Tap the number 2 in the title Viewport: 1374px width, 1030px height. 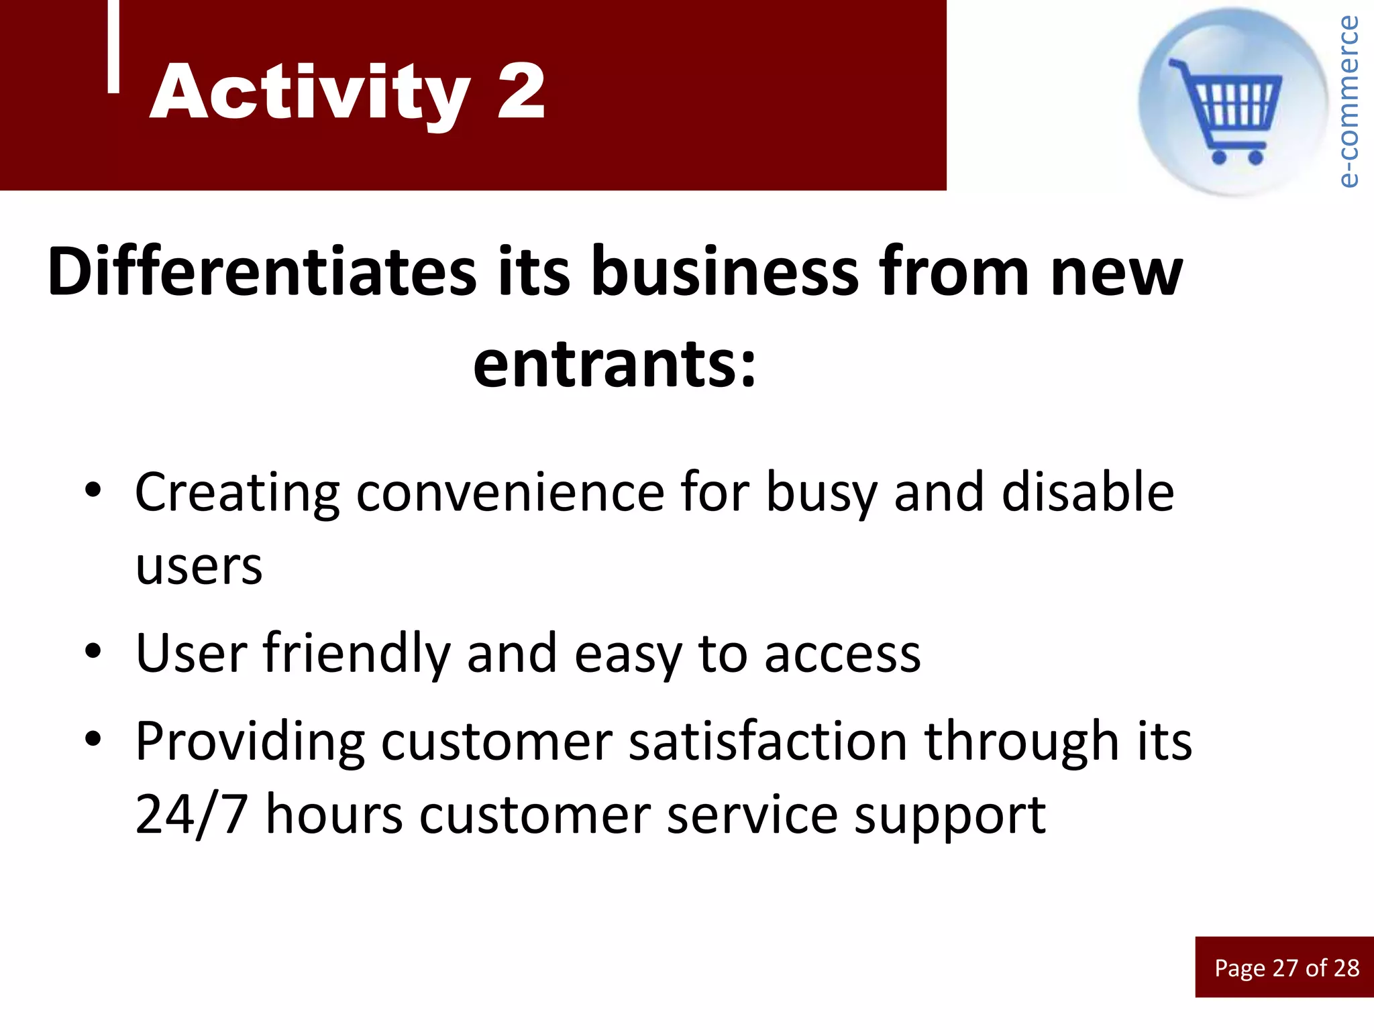[521, 93]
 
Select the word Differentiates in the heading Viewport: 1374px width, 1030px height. [262, 272]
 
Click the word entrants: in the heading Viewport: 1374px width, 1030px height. [615, 364]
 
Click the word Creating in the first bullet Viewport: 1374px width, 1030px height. [237, 493]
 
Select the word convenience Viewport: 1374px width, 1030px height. [509, 493]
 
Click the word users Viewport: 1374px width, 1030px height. [199, 567]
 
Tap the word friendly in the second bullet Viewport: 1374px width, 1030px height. [356, 654]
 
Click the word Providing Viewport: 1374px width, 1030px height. [250, 743]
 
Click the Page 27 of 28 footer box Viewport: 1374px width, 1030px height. [1285, 967]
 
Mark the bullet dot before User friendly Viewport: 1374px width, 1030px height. [93, 650]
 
